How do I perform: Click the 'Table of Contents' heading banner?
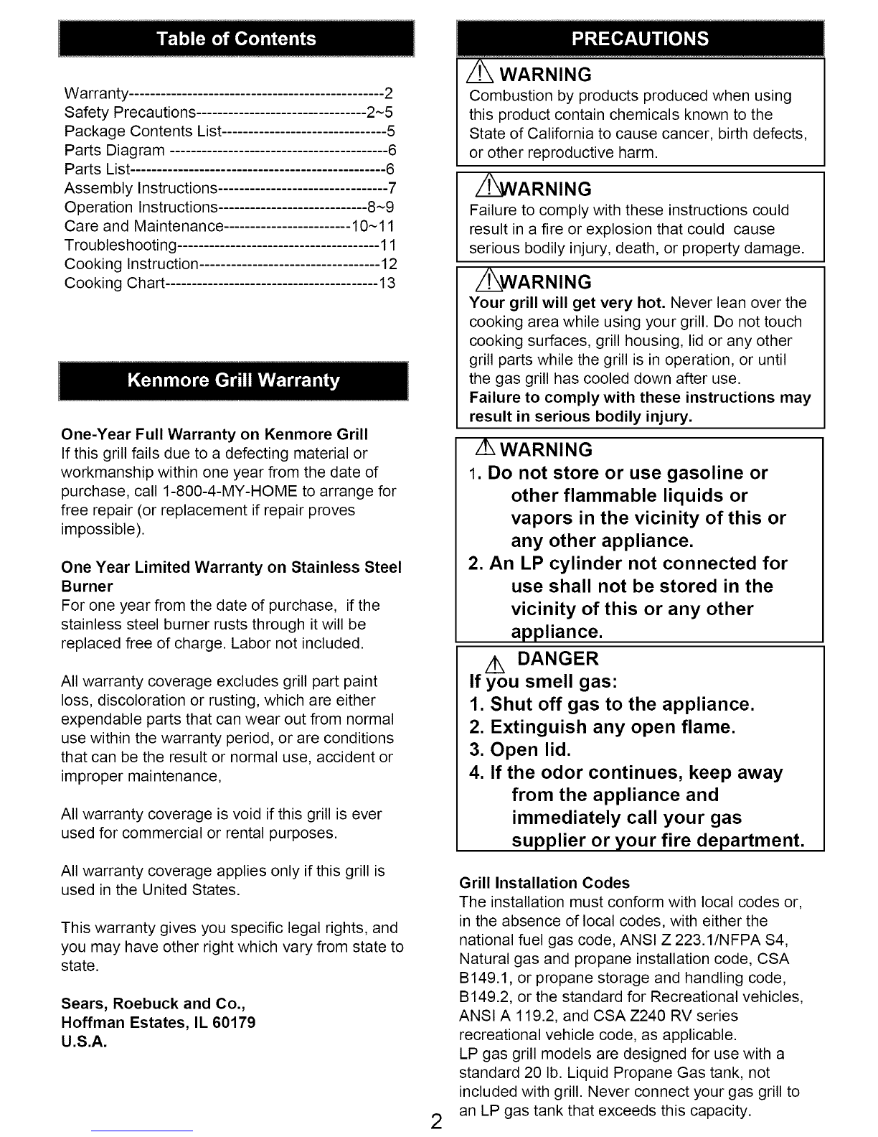click(237, 39)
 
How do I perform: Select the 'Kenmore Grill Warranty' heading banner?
click(233, 380)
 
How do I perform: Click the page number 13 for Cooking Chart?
click(387, 283)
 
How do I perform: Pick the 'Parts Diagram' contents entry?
click(115, 151)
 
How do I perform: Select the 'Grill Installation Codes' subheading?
click(544, 883)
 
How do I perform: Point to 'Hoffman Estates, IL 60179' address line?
click(159, 1022)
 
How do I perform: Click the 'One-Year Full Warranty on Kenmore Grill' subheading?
click(215, 434)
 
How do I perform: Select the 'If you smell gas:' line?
click(543, 681)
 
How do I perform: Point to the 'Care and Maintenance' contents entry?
click(143, 227)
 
